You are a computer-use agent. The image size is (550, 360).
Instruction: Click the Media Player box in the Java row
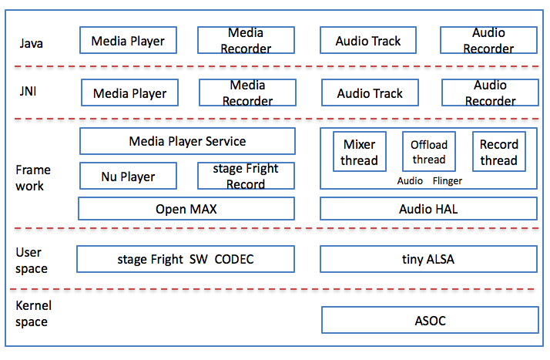click(129, 41)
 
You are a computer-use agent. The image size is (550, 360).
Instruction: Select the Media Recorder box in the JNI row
click(246, 93)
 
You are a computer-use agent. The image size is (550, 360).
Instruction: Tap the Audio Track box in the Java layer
click(368, 41)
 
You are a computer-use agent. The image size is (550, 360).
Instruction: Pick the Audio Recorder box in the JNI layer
click(489, 93)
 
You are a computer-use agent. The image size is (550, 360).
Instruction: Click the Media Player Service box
click(187, 141)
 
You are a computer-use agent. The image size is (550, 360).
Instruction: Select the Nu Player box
click(128, 177)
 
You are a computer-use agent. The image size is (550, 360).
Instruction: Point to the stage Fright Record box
click(246, 177)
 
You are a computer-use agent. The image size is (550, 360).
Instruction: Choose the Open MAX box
click(186, 209)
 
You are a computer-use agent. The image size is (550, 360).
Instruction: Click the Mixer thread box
click(359, 152)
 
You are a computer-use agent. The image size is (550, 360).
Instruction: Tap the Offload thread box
click(428, 152)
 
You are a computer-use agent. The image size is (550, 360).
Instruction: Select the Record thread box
click(498, 152)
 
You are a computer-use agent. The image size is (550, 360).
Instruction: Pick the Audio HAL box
click(428, 209)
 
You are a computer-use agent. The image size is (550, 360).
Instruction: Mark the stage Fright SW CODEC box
click(186, 259)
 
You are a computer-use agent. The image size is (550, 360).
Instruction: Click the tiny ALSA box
click(428, 259)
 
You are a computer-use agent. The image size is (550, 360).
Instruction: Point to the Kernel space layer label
click(34, 313)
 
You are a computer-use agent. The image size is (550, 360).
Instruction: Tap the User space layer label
click(32, 261)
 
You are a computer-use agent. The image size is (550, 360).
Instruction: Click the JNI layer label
click(27, 93)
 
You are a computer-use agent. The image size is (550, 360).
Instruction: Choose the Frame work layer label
click(32, 177)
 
